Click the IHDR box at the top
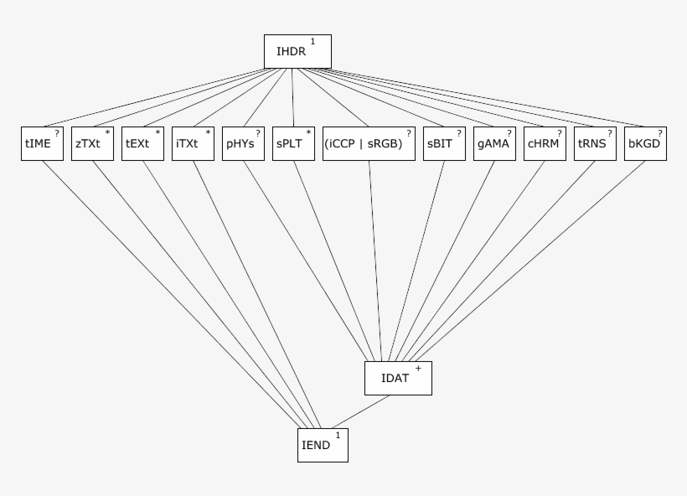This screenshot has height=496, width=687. tap(297, 52)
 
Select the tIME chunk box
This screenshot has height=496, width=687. tap(42, 143)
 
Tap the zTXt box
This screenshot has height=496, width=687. tap(92, 143)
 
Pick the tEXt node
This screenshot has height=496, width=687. tap(142, 143)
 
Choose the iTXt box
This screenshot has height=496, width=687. tap(193, 143)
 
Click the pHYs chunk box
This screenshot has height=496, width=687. tap(243, 143)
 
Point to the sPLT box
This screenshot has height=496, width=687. tap(293, 143)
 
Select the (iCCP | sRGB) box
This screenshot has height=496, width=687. tap(369, 143)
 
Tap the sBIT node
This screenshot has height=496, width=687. tap(444, 143)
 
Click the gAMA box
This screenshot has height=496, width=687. tap(494, 143)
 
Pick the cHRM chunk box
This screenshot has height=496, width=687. tap(545, 143)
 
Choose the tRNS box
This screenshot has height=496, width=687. tap(595, 143)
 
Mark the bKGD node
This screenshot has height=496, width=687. tap(645, 143)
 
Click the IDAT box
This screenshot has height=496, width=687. tap(398, 378)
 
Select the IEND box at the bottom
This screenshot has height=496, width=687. tap(323, 445)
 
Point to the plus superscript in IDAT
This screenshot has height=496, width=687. tap(418, 368)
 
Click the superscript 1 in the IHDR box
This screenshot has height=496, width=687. tap(313, 41)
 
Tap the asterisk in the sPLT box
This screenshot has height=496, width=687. tap(308, 132)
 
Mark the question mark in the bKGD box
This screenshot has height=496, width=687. tap(659, 132)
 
